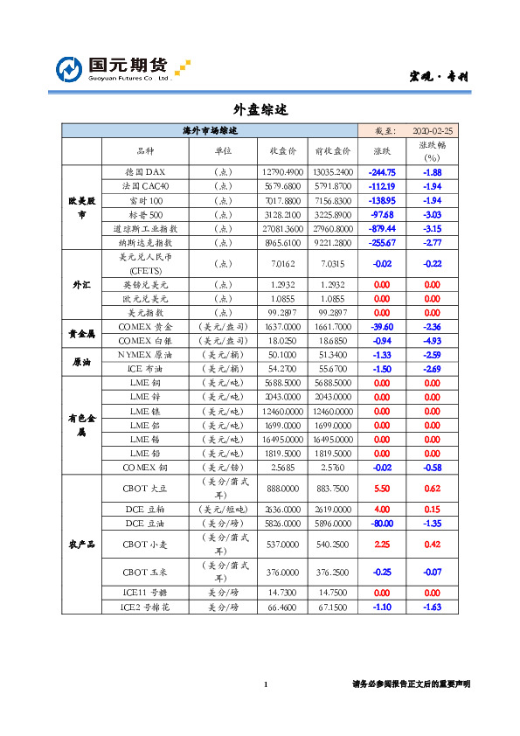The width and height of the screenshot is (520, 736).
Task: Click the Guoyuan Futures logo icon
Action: pos(71,69)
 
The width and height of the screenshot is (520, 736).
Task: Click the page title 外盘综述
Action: pos(260,110)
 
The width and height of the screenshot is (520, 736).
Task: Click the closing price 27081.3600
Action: pos(282,228)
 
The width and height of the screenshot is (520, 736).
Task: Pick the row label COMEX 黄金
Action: pos(145,327)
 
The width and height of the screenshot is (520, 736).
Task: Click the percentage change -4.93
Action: pos(432,341)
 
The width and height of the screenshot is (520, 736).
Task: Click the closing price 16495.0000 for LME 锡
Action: pos(282,440)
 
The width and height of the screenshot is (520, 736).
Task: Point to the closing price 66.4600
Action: pos(282,607)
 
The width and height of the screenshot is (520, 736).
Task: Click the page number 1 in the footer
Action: pos(266,684)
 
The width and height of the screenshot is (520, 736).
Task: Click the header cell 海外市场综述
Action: pos(210,130)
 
